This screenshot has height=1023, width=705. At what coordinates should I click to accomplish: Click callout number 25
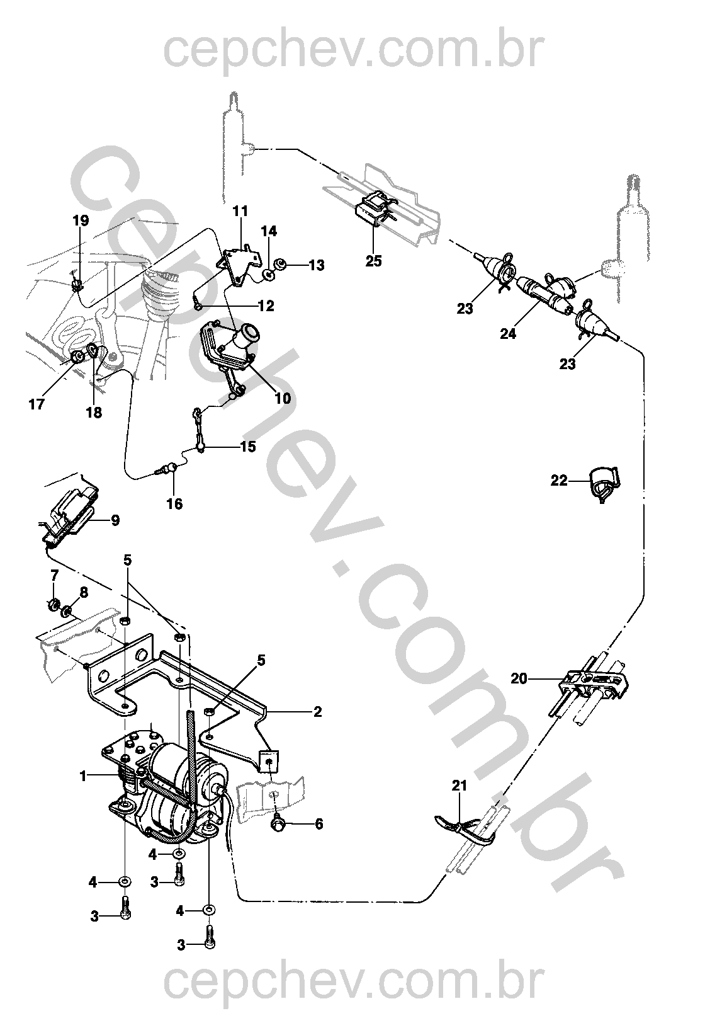[373, 261]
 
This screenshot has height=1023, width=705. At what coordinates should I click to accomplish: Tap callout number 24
[508, 334]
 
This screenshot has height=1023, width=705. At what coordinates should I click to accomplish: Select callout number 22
[559, 481]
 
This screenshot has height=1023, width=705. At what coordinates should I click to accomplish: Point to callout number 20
[519, 678]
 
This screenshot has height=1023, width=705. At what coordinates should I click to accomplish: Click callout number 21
[460, 786]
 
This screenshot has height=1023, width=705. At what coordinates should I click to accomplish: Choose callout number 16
[174, 504]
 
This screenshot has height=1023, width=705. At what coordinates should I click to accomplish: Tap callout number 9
[115, 520]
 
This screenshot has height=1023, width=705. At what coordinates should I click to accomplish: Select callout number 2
[318, 712]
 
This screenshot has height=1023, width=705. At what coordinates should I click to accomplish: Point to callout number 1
[82, 775]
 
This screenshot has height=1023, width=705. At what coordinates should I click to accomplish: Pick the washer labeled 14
[269, 275]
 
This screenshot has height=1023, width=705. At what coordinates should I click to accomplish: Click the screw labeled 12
[196, 302]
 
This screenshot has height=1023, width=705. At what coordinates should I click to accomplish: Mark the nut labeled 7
[53, 605]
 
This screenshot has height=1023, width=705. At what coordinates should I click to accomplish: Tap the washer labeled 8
[67, 610]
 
